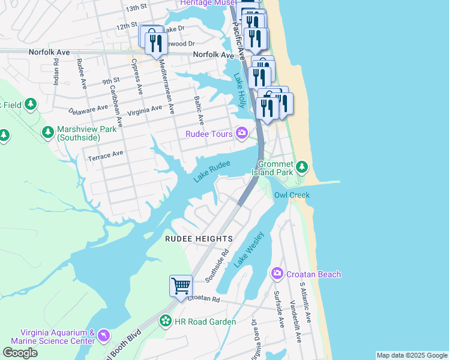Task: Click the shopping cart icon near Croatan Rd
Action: [181, 286]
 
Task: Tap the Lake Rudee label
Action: [212, 170]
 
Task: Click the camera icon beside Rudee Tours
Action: [242, 133]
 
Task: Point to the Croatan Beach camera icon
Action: [277, 274]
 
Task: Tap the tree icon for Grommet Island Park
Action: [303, 166]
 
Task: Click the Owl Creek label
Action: [291, 195]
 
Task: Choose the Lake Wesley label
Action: [249, 251]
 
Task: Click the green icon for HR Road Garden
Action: [165, 321]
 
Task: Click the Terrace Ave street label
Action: [106, 155]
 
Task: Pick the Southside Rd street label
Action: [217, 266]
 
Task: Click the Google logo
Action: [20, 353]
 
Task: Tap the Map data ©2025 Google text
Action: [411, 355]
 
